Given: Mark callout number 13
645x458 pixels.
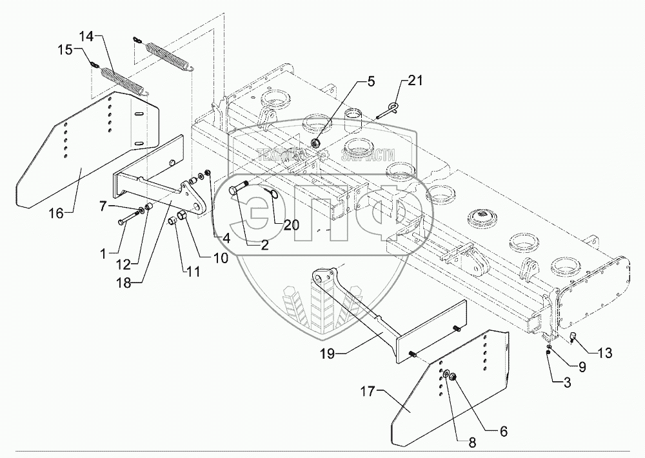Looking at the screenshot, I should (603, 353).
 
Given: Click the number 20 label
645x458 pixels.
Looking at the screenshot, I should (291, 225).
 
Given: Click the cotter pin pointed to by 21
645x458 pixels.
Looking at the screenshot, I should (386, 110).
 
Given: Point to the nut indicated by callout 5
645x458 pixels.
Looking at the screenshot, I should (316, 142).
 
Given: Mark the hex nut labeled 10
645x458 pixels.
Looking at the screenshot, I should (183, 215).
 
